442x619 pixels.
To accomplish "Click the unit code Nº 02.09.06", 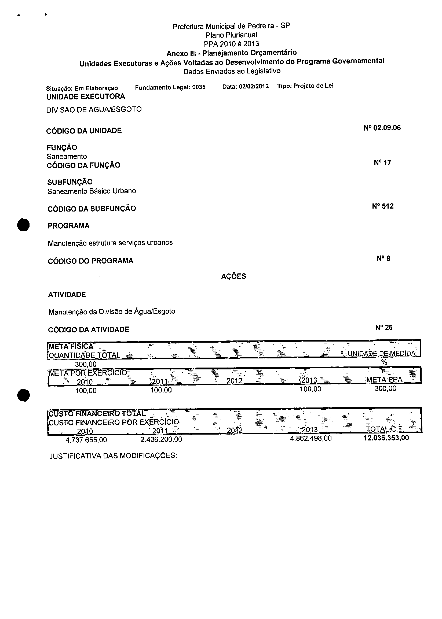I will pyautogui.click(x=382, y=128).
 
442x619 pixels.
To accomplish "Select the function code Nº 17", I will pyautogui.click(x=382, y=162).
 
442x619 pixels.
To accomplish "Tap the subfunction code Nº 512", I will pyautogui.click(x=383, y=206).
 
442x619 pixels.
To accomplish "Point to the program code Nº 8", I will pyautogui.click(x=383, y=258).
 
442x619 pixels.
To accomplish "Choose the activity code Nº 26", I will pyautogui.click(x=384, y=327).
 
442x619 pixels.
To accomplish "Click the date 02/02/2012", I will pyautogui.click(x=254, y=86).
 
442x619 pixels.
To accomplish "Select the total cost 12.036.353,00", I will pyautogui.click(x=386, y=438).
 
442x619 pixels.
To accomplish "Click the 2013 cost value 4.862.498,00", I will pyautogui.click(x=311, y=438).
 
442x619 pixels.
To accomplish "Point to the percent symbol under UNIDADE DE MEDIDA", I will pyautogui.click(x=384, y=362).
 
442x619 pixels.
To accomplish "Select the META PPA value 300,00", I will pyautogui.click(x=385, y=388).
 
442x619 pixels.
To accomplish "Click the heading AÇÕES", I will pyautogui.click(x=233, y=276).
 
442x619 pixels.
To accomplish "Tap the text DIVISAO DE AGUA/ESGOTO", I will pyautogui.click(x=94, y=110).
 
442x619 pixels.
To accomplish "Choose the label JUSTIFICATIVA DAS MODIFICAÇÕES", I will pyautogui.click(x=113, y=456).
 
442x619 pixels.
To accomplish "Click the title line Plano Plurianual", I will pyautogui.click(x=231, y=35).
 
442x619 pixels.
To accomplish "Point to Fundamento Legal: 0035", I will pyautogui.click(x=170, y=87).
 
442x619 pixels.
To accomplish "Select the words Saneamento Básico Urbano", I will pyautogui.click(x=92, y=191).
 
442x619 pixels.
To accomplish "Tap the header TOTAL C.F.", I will pyautogui.click(x=384, y=429).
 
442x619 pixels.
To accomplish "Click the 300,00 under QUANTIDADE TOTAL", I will pyautogui.click(x=86, y=364).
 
